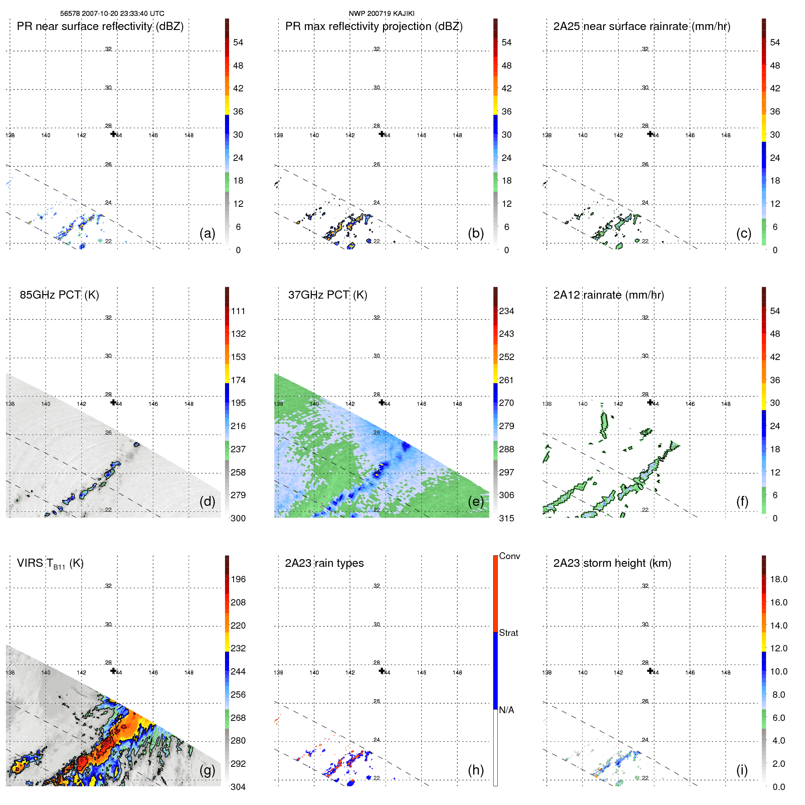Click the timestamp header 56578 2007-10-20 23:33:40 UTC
tap(112, 14)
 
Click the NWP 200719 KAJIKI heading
tap(381, 14)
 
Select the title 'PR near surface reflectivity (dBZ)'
tap(100, 26)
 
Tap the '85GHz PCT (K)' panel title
tap(59, 295)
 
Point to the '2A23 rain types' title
tap(324, 563)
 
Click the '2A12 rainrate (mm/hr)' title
tap(609, 295)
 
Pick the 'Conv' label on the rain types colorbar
tap(510, 556)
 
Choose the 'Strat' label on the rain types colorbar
tap(509, 633)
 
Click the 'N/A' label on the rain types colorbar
tap(506, 710)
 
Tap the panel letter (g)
tap(207, 770)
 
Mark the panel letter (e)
tap(475, 501)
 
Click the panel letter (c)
tap(744, 233)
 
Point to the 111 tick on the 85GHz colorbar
tap(238, 311)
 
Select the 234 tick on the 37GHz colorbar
tap(506, 311)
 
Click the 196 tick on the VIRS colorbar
tap(238, 580)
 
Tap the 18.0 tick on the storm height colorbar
tap(779, 580)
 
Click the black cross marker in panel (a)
tap(113, 134)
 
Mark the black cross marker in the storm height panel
tap(650, 671)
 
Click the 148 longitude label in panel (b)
tap(457, 135)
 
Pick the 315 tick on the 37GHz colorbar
tap(506, 519)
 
